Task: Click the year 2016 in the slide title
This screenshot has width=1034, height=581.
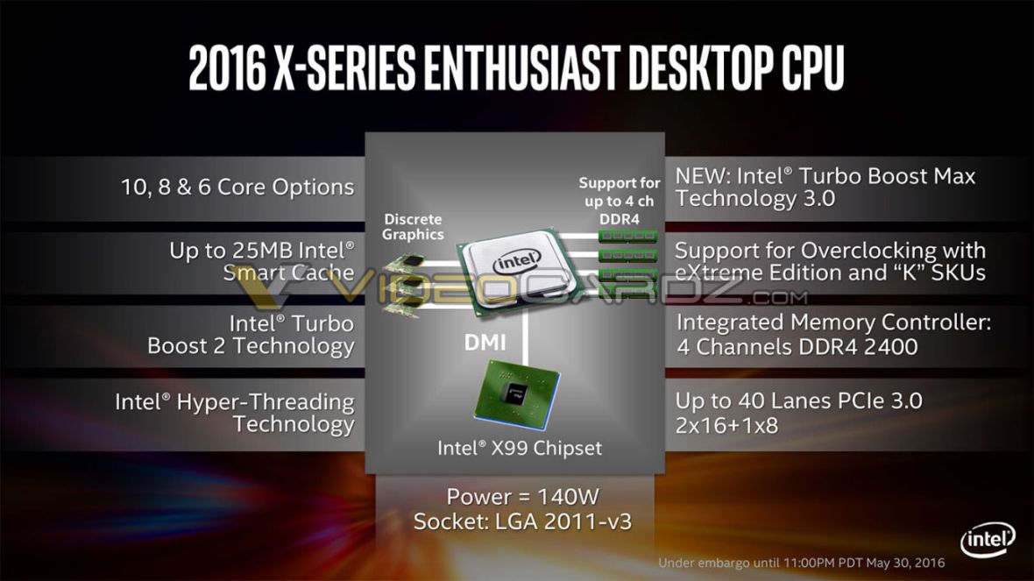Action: (x=227, y=67)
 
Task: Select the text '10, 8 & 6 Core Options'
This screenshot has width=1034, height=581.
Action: (x=237, y=187)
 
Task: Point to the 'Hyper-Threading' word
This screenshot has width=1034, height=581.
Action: (x=266, y=402)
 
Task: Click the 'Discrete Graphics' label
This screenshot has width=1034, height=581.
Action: (x=413, y=226)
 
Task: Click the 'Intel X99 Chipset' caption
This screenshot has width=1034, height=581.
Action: (x=520, y=448)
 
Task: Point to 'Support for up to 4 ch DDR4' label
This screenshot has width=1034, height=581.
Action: (x=620, y=200)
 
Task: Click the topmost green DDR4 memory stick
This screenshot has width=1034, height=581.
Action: (x=627, y=236)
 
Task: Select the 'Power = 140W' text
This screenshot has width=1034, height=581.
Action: (x=522, y=497)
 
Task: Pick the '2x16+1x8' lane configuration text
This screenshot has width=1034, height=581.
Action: (x=726, y=426)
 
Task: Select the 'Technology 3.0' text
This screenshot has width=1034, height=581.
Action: (x=755, y=198)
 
